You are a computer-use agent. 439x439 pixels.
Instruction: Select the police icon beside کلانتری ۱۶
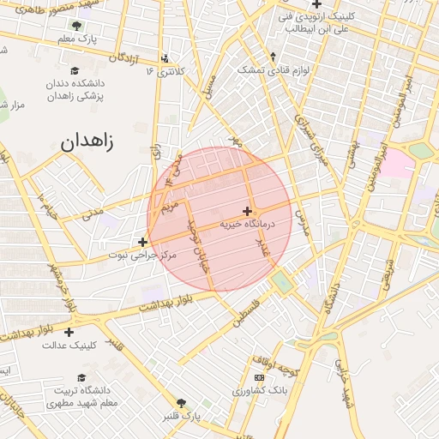pyautogui.click(x=165, y=59)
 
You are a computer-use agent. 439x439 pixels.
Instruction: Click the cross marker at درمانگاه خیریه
pyautogui.click(x=247, y=211)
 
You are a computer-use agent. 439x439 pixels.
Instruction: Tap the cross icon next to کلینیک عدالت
pyautogui.click(x=69, y=332)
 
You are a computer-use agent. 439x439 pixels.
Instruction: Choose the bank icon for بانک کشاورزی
pyautogui.click(x=259, y=378)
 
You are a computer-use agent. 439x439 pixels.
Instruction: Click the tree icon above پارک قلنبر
pyautogui.click(x=181, y=402)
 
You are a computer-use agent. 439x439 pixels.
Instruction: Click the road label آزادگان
pyautogui.click(x=123, y=57)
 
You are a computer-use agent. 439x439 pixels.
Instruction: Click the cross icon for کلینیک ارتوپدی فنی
pyautogui.click(x=317, y=4)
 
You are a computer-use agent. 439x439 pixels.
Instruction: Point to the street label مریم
pyautogui.click(x=171, y=207)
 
